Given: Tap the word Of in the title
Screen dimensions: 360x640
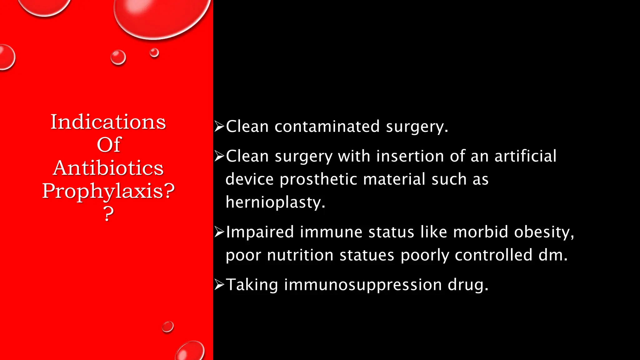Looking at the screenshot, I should [x=108, y=145].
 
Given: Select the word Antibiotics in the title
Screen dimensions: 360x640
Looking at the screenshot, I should [x=108, y=168].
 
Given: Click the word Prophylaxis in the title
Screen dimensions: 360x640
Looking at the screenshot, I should [x=103, y=191].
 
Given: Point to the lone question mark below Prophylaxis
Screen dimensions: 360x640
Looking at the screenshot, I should [x=108, y=214].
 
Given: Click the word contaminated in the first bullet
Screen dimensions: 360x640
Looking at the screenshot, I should [x=327, y=127].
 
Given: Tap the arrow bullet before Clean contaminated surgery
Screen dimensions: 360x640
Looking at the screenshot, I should [x=219, y=126].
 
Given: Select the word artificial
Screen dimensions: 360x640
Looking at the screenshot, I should [x=525, y=156].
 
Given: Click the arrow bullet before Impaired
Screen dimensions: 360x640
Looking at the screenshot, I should [x=219, y=232].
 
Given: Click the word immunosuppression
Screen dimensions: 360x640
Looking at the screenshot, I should [x=363, y=285].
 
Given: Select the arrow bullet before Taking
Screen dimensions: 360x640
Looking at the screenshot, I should [x=219, y=285].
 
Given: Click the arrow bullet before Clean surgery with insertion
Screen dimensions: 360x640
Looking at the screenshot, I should [x=219, y=156].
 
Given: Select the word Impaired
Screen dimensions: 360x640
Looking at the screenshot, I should [x=260, y=232].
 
